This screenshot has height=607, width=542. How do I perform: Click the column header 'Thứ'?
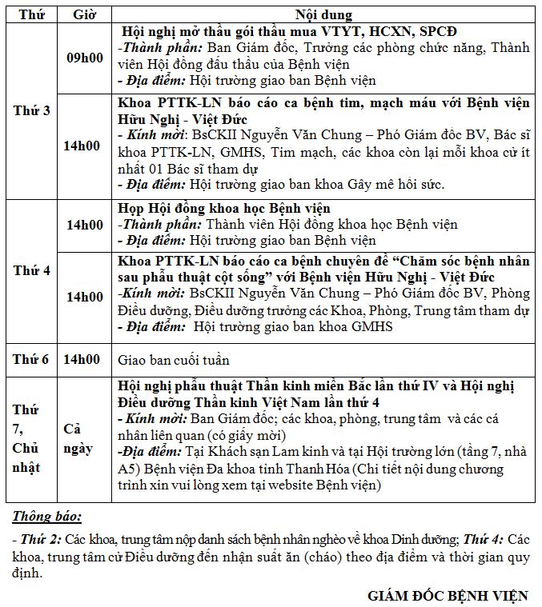point(31,15)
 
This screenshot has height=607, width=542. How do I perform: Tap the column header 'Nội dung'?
point(323,15)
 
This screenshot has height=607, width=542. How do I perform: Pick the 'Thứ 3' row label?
point(31,110)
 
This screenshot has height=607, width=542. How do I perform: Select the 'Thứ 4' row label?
point(31,270)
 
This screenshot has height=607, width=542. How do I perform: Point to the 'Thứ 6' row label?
point(31,360)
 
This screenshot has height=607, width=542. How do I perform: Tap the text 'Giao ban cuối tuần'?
point(173,360)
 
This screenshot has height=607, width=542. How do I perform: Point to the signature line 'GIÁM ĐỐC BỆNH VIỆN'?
point(448,596)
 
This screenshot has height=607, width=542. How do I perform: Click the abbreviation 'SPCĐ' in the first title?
point(439,32)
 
